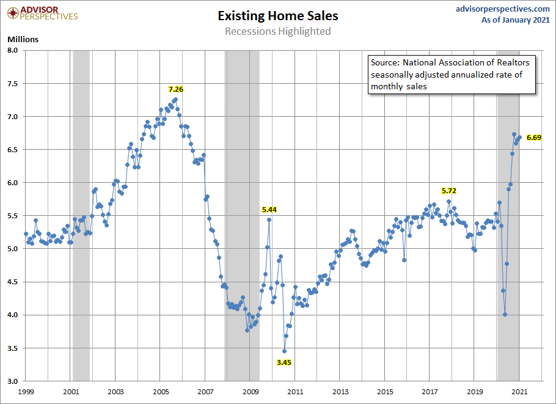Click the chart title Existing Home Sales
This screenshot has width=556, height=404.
277,16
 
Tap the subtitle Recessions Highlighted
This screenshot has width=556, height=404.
277,31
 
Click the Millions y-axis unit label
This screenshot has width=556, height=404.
23,39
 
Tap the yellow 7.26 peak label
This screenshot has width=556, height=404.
176,89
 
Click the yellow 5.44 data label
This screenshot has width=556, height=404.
269,210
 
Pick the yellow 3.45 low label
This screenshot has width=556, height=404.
284,362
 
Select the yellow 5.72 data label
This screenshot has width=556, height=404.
449,191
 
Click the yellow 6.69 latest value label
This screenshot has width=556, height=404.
533,138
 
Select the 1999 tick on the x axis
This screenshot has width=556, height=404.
26,391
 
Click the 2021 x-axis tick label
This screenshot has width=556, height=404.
519,391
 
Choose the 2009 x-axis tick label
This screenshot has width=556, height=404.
251,391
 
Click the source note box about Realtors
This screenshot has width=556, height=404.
452,75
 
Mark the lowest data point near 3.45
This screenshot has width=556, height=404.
284,351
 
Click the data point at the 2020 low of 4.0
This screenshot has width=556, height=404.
505,315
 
